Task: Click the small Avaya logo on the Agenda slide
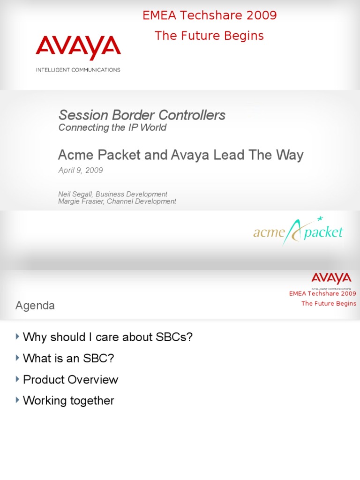[x=331, y=278]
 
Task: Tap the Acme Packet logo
[x=299, y=232]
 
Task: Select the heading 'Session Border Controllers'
[x=142, y=115]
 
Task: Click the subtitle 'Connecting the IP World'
[x=112, y=127]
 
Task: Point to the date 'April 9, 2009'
[x=81, y=170]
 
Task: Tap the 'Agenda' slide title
[x=35, y=306]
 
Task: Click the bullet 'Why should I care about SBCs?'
[x=108, y=337]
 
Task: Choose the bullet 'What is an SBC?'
[x=68, y=358]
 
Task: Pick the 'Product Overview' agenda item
[x=70, y=379]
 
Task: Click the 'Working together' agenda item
[x=68, y=400]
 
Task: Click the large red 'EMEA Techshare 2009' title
[x=210, y=15]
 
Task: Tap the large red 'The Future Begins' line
[x=209, y=36]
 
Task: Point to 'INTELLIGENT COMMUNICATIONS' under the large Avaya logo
[x=78, y=70]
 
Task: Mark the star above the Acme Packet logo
[x=321, y=218]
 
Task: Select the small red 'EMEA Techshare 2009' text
[x=322, y=293]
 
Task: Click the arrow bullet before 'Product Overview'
[x=18, y=379]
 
